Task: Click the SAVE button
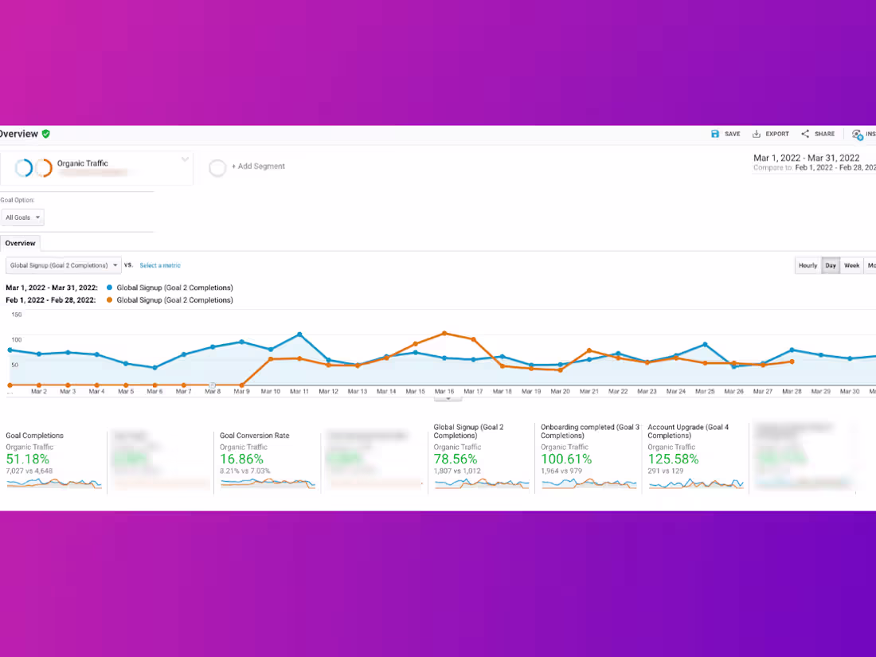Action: tap(725, 134)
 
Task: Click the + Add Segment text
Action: tap(258, 166)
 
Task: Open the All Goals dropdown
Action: tap(22, 217)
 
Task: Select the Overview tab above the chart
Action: tap(20, 243)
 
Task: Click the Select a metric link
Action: tap(160, 265)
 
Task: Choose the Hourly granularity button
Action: tap(808, 265)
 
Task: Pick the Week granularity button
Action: tap(851, 265)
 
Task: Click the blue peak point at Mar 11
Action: tap(299, 334)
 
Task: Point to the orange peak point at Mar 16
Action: tap(444, 333)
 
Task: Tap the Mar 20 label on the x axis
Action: tap(561, 392)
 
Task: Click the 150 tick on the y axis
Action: tap(17, 315)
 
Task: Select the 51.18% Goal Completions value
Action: tap(28, 460)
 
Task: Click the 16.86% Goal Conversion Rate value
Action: tap(241, 460)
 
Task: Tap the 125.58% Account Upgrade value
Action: tap(673, 460)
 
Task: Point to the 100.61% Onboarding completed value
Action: tap(565, 460)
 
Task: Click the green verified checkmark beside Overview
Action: tap(46, 134)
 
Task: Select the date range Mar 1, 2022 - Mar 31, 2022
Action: tap(807, 158)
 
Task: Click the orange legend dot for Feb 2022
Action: tap(109, 300)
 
